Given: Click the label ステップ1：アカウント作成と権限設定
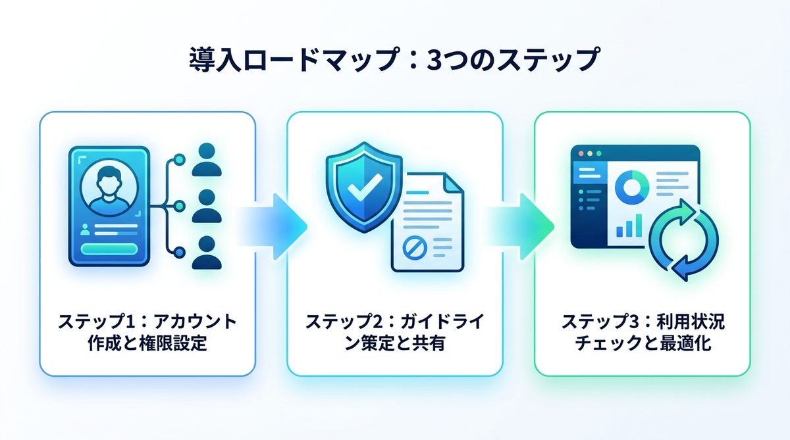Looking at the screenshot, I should (x=147, y=332).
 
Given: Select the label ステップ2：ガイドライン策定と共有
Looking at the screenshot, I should (x=394, y=332).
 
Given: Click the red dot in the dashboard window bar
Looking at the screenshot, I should (x=580, y=153).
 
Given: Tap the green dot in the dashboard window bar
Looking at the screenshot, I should (x=598, y=153).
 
